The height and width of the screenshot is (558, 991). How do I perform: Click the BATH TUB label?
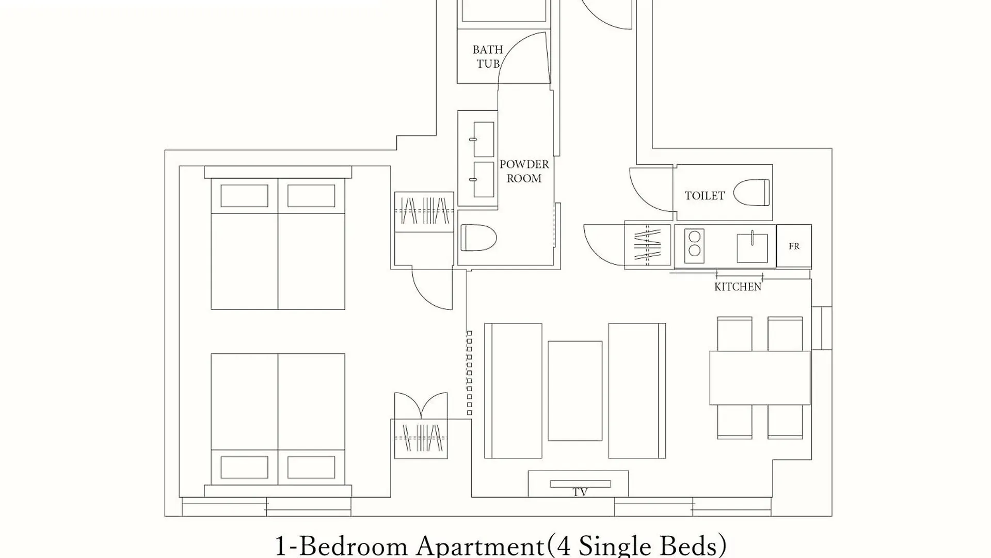[x=488, y=57]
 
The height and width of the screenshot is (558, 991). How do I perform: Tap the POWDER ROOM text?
[x=524, y=171]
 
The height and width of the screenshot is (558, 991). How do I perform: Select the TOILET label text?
[x=705, y=196]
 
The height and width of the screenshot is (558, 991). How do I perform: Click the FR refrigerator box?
[x=794, y=246]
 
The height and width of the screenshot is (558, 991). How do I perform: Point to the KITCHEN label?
[x=738, y=287]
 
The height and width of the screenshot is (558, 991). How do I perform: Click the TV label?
[x=580, y=493]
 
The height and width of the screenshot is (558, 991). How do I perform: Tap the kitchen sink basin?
[x=752, y=248]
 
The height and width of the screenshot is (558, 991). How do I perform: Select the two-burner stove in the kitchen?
[x=695, y=246]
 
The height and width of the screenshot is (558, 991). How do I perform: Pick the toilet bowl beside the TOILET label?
[x=752, y=193]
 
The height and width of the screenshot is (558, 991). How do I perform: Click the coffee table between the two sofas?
[x=575, y=391]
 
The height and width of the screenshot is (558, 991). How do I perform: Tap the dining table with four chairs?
[x=760, y=378]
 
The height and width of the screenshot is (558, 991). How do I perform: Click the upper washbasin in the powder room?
[x=484, y=139]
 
